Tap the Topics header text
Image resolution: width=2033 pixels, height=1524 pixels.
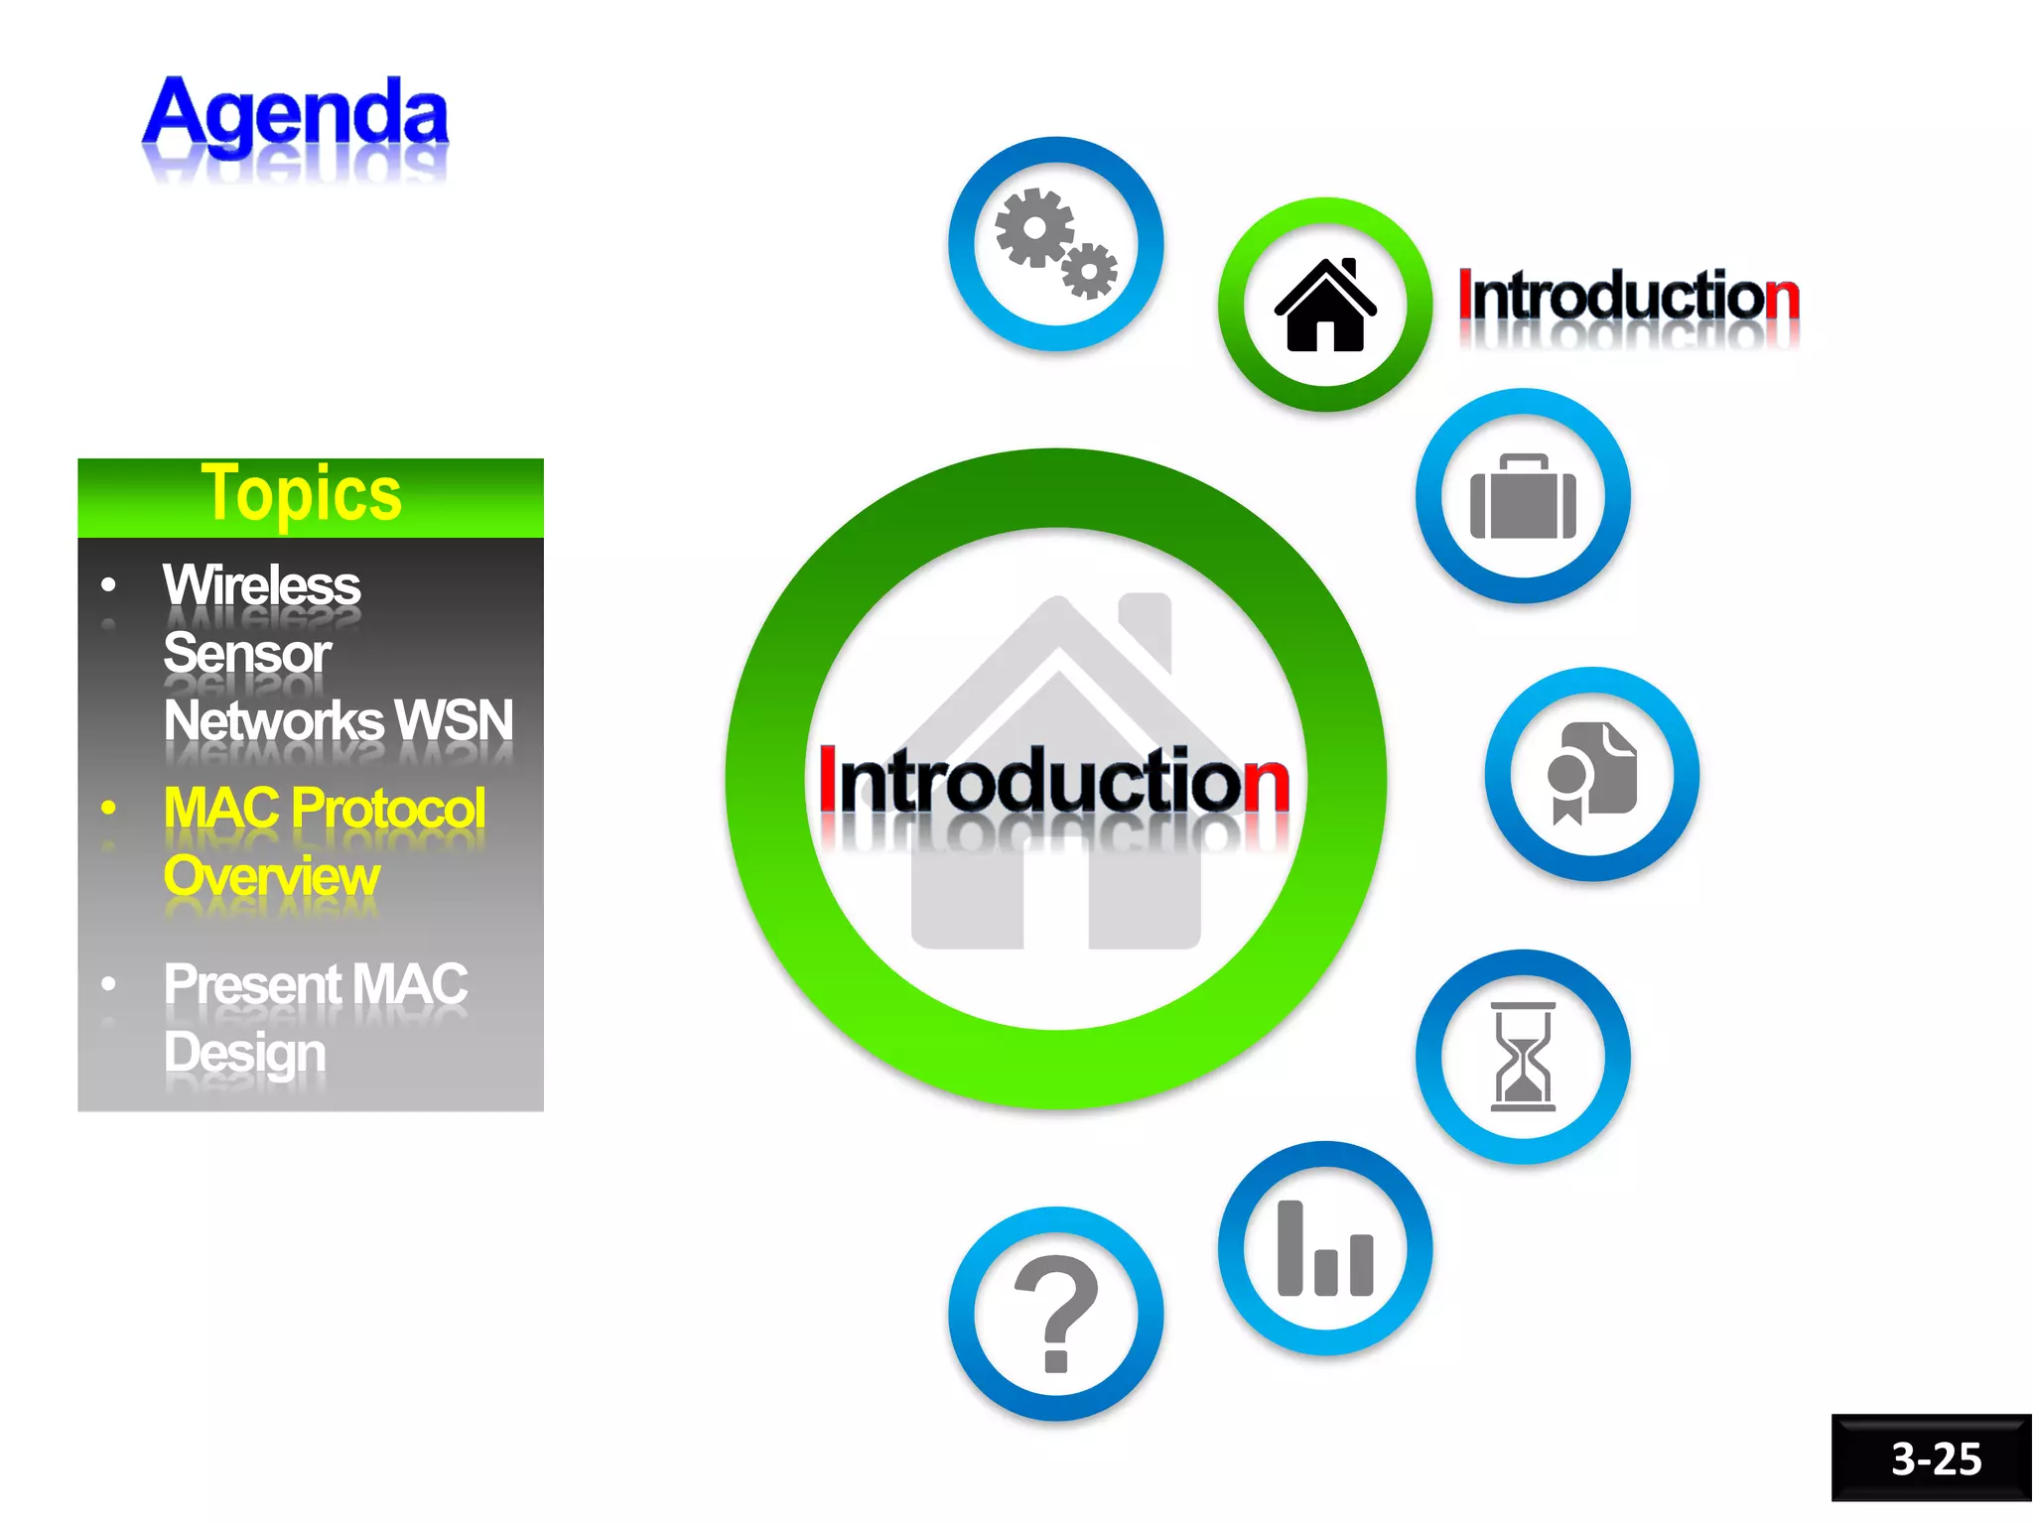[x=301, y=493]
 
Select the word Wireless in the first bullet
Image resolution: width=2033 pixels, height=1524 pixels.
[x=261, y=585]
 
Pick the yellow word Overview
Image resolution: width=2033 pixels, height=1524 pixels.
[x=271, y=876]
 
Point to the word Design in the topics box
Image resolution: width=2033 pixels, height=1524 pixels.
[x=244, y=1052]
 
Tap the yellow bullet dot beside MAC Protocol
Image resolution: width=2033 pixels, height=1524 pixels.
[x=108, y=808]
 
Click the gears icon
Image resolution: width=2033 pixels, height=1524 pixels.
[x=1055, y=243]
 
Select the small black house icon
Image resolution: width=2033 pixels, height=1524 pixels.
[x=1324, y=305]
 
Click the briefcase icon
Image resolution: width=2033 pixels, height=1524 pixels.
[x=1523, y=496]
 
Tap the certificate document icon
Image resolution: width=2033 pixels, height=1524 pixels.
[x=1591, y=773]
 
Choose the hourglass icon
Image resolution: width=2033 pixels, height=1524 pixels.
[x=1523, y=1056]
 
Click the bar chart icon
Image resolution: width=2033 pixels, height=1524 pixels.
[x=1324, y=1248]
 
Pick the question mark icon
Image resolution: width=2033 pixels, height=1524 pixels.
[x=1056, y=1313]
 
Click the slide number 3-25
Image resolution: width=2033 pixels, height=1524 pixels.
[x=1935, y=1459]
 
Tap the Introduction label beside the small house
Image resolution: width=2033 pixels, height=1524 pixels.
[x=1628, y=296]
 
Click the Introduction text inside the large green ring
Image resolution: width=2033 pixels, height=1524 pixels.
[x=1053, y=781]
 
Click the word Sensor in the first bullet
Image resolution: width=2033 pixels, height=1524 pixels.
[x=247, y=653]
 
